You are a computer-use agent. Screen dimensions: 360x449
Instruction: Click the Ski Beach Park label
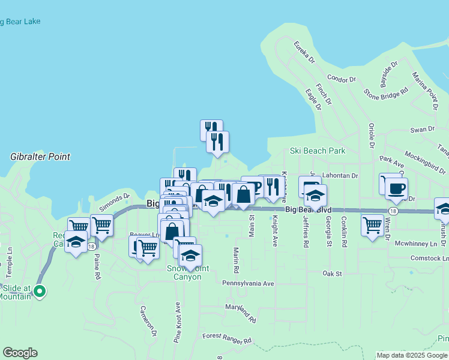(318, 151)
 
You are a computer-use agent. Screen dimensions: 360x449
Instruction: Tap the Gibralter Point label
(40, 157)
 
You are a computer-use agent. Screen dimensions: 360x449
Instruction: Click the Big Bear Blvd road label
(308, 210)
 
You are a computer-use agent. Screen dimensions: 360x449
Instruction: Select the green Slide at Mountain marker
(40, 292)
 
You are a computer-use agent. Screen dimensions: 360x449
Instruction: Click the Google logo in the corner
(20, 353)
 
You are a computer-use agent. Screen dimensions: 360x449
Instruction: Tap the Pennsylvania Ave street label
(248, 283)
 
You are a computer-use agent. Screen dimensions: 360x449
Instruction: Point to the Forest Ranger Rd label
(227, 339)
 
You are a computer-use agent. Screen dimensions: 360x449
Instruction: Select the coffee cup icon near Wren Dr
(396, 188)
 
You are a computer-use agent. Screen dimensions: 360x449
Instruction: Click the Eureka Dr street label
(304, 52)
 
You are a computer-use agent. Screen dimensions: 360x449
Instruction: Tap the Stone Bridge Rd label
(386, 92)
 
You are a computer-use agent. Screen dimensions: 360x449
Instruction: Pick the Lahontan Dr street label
(340, 176)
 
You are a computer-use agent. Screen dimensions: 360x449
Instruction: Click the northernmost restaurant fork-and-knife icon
(211, 127)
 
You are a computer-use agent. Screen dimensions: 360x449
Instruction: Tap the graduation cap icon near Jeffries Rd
(315, 196)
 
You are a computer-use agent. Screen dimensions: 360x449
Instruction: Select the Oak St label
(332, 274)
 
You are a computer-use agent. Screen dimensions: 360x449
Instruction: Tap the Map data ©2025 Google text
(411, 355)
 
